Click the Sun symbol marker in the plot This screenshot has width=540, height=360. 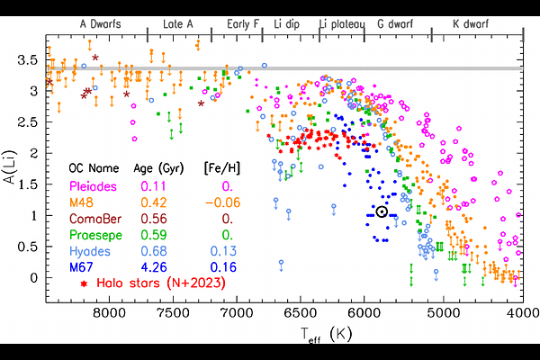click(382, 212)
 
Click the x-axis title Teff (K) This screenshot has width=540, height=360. click(315, 334)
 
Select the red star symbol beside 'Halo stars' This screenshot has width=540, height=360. click(85, 283)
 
